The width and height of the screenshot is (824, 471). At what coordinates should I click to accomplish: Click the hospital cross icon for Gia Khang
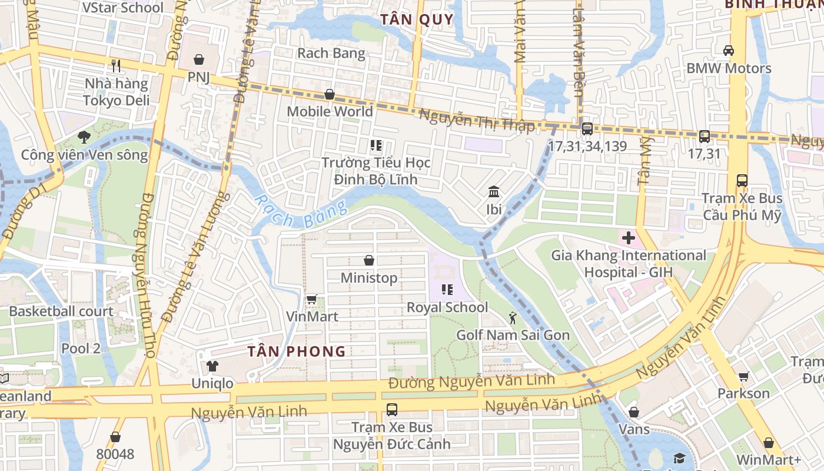[629, 238]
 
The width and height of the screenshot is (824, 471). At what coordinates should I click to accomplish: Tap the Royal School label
[447, 307]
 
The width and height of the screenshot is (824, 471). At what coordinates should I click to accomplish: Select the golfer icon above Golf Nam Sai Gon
[513, 318]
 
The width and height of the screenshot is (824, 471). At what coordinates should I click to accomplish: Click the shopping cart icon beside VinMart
[311, 300]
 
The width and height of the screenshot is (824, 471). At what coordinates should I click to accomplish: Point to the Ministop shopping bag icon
[369, 260]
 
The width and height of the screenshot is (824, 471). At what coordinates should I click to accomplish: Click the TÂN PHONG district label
[296, 351]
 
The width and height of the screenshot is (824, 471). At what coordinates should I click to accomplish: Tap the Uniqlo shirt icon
[212, 366]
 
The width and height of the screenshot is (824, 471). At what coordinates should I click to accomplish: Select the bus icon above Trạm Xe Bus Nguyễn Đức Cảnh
[391, 409]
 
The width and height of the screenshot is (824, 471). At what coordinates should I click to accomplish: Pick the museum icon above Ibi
[494, 192]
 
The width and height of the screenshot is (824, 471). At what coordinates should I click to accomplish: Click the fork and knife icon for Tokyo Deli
[116, 66]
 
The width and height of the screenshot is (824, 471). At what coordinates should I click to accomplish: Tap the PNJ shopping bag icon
[199, 60]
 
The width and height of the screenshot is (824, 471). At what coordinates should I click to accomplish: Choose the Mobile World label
[330, 111]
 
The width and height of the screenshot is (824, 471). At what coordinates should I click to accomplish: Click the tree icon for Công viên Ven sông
[84, 137]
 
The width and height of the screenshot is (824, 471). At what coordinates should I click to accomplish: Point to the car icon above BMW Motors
[729, 51]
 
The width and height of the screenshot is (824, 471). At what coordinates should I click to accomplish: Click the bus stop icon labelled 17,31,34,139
[587, 129]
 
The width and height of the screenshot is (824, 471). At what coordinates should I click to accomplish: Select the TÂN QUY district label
[417, 19]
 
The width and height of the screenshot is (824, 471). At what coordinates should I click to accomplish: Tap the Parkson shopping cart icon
[743, 376]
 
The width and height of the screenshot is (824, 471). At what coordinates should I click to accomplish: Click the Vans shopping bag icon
[634, 412]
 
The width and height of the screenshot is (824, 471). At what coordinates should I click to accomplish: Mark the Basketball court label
[61, 311]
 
